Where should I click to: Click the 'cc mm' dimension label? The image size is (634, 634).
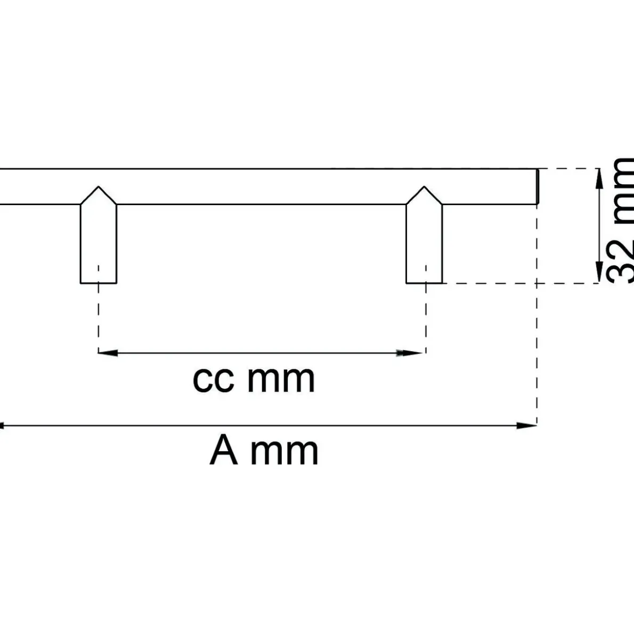tap(254, 379)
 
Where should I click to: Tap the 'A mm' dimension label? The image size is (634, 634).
tap(264, 451)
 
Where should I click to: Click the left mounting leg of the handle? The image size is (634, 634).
tap(99, 235)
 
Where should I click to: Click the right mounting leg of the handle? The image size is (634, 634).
tap(424, 235)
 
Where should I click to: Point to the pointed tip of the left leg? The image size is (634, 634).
tap(99, 186)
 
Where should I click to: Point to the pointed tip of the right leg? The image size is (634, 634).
tap(424, 186)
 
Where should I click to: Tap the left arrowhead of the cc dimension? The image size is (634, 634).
tap(108, 353)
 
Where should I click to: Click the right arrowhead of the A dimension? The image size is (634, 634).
tap(526, 425)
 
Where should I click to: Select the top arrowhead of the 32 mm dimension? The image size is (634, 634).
tap(599, 178)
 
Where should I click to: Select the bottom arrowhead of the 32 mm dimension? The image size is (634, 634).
tap(599, 272)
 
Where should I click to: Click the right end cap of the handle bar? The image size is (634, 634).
tap(538, 186)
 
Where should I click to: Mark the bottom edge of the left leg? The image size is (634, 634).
tap(99, 283)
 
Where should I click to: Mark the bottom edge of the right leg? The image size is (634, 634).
tap(424, 283)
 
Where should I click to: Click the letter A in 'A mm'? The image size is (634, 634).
tap(224, 450)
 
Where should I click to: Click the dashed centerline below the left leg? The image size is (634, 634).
tap(98, 310)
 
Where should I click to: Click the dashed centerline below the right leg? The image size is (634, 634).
tap(426, 310)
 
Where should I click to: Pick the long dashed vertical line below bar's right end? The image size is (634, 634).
tap(537, 315)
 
